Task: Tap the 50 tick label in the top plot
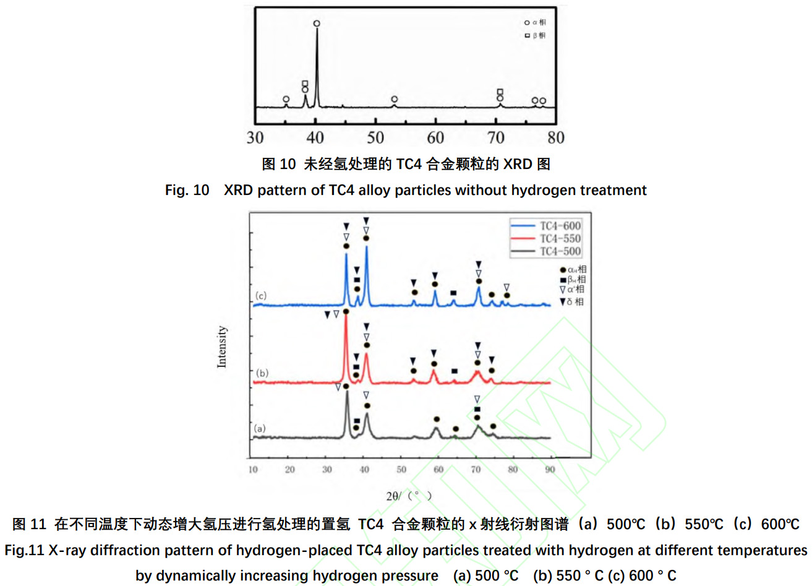pyautogui.click(x=375, y=137)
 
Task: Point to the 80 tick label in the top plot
pyautogui.click(x=555, y=137)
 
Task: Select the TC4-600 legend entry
pyautogui.click(x=560, y=226)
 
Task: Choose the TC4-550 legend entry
pyautogui.click(x=560, y=239)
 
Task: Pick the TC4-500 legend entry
pyautogui.click(x=560, y=251)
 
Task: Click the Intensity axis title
pyautogui.click(x=222, y=347)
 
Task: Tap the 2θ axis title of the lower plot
pyautogui.click(x=409, y=496)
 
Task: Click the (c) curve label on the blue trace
pyautogui.click(x=261, y=296)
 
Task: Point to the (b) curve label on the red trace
pyautogui.click(x=262, y=373)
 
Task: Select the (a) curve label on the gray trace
pyautogui.click(x=260, y=428)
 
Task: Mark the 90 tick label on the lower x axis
pyautogui.click(x=550, y=470)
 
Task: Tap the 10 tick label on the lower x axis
pyautogui.click(x=253, y=470)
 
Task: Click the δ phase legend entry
pyautogui.click(x=571, y=302)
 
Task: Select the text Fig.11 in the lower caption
pyautogui.click(x=24, y=550)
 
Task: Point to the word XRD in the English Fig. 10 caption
pyautogui.click(x=238, y=190)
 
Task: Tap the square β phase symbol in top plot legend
pyautogui.click(x=528, y=35)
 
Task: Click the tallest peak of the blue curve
pyautogui.click(x=366, y=248)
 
